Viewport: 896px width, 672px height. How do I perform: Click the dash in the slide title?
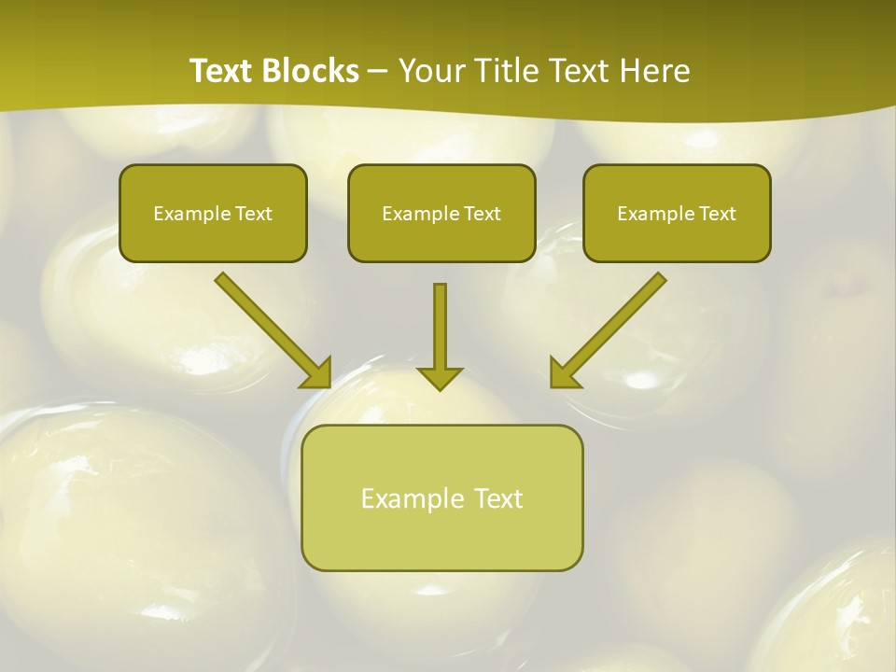pyautogui.click(x=378, y=72)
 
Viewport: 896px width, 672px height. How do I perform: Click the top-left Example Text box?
pyautogui.click(x=213, y=213)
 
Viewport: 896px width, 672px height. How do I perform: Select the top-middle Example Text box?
pyautogui.click(x=441, y=213)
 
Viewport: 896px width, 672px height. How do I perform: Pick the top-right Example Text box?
pyautogui.click(x=677, y=213)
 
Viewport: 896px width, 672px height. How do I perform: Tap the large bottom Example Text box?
pyautogui.click(x=441, y=497)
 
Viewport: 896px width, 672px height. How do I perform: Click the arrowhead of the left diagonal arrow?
pyautogui.click(x=316, y=372)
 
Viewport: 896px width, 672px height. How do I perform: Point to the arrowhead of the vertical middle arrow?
pyautogui.click(x=440, y=377)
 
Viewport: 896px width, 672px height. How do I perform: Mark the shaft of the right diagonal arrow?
pyautogui.click(x=620, y=317)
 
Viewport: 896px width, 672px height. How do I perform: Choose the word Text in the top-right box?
pyautogui.click(x=717, y=214)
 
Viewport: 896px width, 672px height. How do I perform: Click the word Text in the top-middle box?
pyautogui.click(x=482, y=214)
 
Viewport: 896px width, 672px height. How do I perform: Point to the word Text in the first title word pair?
pyautogui.click(x=225, y=71)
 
